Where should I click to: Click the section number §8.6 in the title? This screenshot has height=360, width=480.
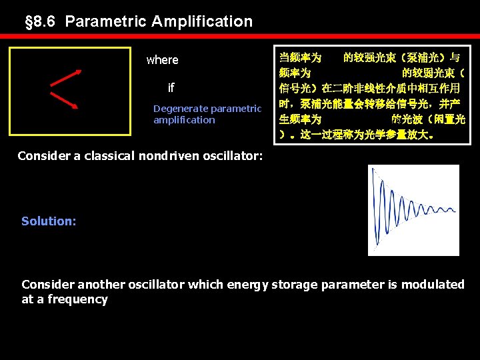tap(41, 21)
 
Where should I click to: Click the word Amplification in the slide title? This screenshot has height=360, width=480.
tap(202, 21)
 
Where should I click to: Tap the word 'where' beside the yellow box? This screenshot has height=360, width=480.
tap(162, 60)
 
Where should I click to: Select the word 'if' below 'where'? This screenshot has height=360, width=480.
tap(171, 88)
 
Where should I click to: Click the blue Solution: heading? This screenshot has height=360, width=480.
tap(49, 221)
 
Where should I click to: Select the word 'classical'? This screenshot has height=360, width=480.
tap(106, 156)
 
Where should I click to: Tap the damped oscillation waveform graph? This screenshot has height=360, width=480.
tap(413, 210)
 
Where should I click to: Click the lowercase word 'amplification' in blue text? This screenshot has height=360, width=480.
tap(184, 120)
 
